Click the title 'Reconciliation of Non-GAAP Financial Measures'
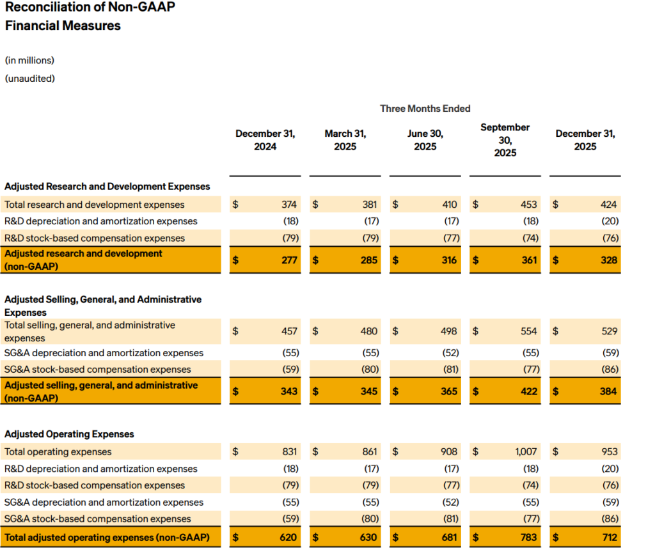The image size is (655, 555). click(x=90, y=17)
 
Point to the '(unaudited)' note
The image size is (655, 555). click(x=29, y=79)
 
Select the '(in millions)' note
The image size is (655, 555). click(x=29, y=60)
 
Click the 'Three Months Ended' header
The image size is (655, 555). click(x=425, y=109)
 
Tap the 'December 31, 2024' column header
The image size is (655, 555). click(x=265, y=140)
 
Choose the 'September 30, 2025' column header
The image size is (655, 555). click(x=505, y=140)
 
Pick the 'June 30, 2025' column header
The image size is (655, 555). click(x=425, y=140)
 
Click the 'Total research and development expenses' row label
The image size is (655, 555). click(x=94, y=205)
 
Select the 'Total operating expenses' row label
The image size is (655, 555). click(x=58, y=451)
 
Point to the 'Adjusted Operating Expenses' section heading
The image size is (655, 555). click(x=69, y=434)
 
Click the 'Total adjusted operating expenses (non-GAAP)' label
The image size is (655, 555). click(x=107, y=537)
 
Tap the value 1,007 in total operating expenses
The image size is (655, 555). click(x=526, y=451)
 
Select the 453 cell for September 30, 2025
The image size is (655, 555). click(x=529, y=205)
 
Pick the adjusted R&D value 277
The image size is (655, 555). click(x=289, y=260)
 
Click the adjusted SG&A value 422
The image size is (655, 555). click(x=529, y=391)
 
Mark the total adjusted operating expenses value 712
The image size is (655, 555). click(x=609, y=537)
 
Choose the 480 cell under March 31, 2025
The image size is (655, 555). click(x=369, y=331)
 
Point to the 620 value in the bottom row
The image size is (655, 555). click(x=289, y=537)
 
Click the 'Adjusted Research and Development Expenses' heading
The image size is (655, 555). click(x=107, y=187)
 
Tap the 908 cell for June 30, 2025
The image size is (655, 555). click(x=448, y=451)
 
